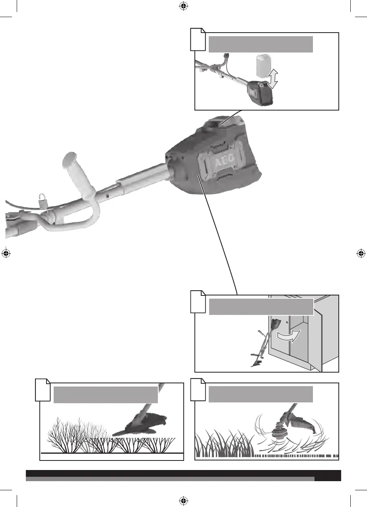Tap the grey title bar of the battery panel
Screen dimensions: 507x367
pyautogui.click(x=260, y=44)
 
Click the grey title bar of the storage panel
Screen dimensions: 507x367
pyautogui.click(x=260, y=307)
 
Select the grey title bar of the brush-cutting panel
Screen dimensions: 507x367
pyautogui.click(x=105, y=394)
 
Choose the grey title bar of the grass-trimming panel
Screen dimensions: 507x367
pyautogui.click(x=260, y=394)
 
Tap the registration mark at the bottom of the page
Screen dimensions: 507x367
pyautogui.click(x=183, y=500)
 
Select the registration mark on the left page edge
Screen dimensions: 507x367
pyautogui.click(x=6, y=253)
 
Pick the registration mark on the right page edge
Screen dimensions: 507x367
pyautogui.click(x=361, y=253)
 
